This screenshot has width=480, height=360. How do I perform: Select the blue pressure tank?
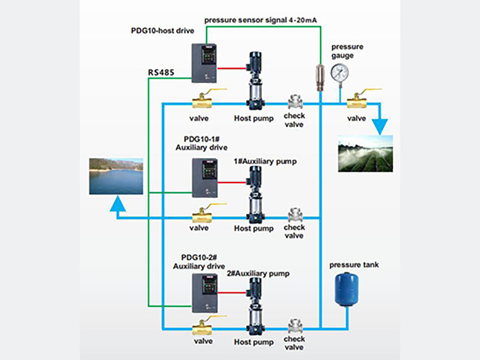click(346, 287)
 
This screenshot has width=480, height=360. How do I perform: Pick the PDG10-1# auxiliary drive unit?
click(205, 178)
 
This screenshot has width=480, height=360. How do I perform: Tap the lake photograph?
click(116, 176)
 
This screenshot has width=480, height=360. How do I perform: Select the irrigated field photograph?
click(365, 154)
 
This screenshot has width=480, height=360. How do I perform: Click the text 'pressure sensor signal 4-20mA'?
click(260, 20)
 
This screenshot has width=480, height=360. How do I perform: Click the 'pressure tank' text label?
click(354, 265)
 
